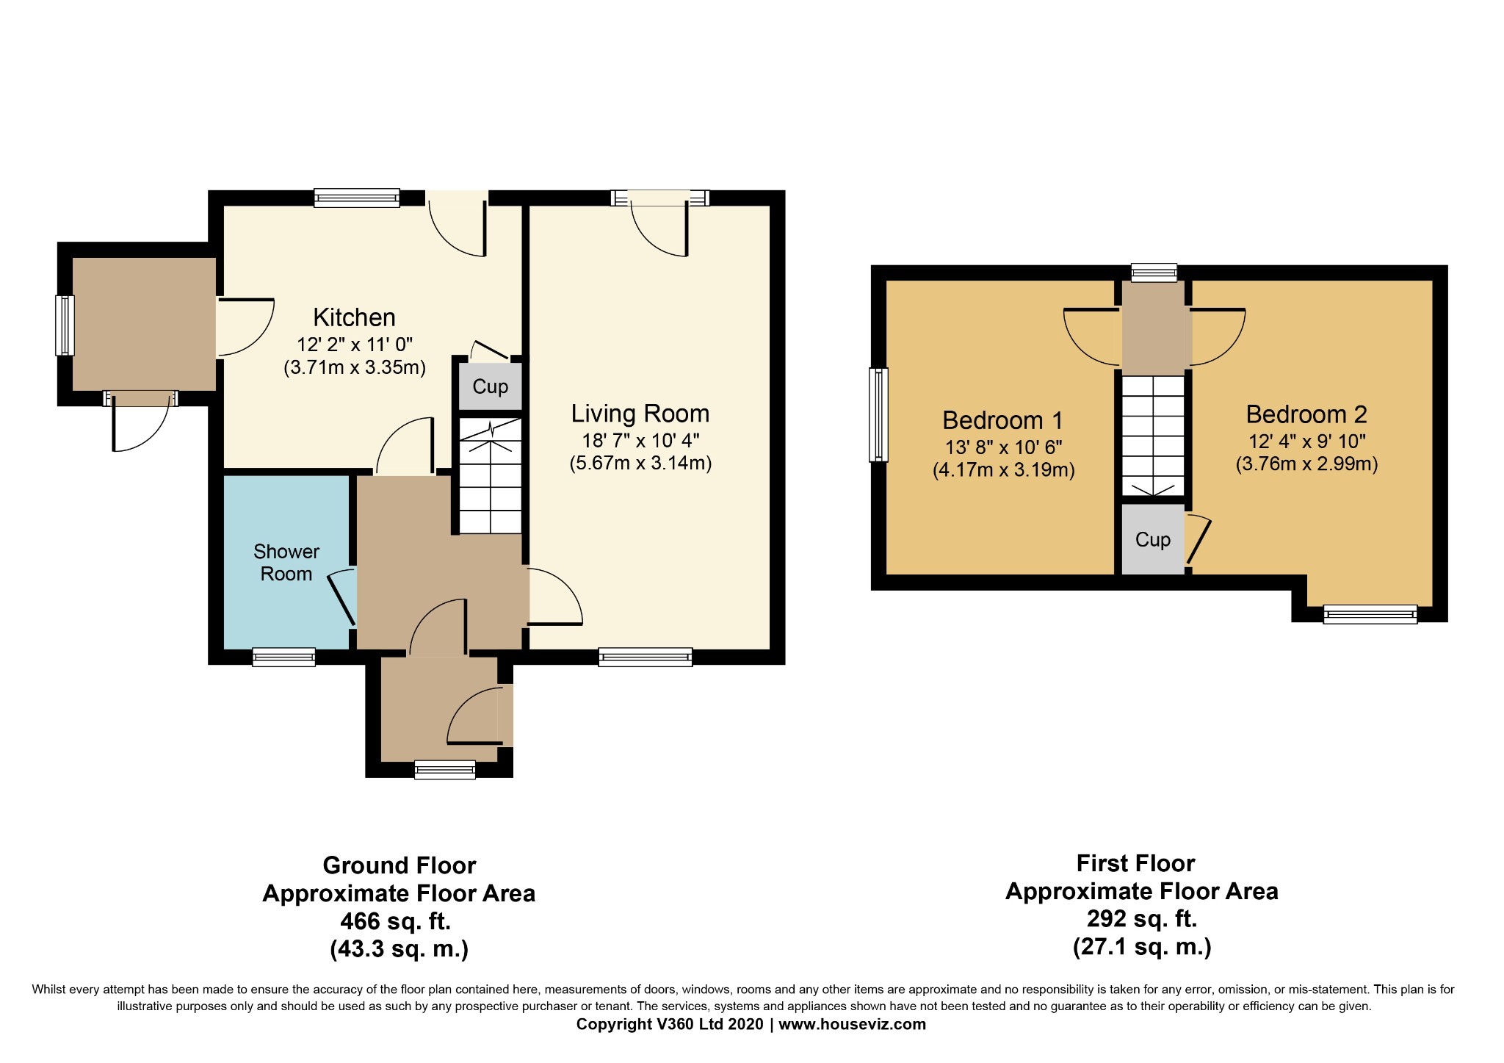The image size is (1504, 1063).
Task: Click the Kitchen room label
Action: [354, 317]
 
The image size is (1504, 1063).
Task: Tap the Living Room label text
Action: [640, 414]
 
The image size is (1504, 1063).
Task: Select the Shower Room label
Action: [286, 563]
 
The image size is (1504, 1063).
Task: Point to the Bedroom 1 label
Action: [1002, 420]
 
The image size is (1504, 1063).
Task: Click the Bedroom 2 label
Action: [1306, 414]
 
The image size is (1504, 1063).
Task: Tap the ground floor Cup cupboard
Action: [490, 386]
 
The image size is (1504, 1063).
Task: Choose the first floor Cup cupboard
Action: [1153, 539]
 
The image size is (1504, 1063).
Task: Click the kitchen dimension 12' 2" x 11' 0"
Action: [355, 345]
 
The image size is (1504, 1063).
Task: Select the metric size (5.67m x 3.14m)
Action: [640, 464]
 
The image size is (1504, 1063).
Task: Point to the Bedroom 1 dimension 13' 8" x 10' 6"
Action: [1004, 447]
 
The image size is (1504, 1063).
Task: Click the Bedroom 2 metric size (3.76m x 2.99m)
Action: [1306, 464]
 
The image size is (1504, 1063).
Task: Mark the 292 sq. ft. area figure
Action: [1142, 919]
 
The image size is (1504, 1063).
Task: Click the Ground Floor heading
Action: [399, 865]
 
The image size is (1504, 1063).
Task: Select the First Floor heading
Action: [1135, 863]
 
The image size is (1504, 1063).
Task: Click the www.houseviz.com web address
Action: [853, 1024]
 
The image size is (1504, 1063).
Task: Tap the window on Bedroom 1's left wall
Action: [879, 415]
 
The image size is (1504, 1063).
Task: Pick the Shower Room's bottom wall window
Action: [283, 657]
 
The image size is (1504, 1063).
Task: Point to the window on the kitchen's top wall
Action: [357, 198]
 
